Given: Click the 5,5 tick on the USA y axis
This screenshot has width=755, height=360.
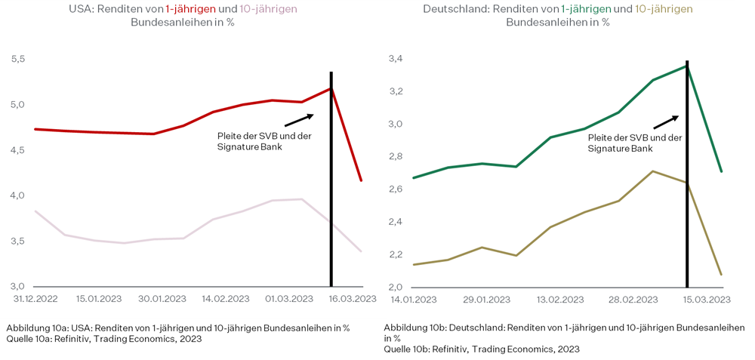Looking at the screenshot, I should (17, 59).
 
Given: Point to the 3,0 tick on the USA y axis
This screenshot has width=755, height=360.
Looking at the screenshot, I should (17, 287).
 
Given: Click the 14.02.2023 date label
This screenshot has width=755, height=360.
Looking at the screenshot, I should (226, 300).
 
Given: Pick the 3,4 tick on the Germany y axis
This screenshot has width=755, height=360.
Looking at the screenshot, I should (395, 59).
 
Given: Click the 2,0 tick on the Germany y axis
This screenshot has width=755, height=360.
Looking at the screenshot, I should (395, 288).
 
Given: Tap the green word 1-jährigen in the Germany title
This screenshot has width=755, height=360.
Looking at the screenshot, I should (585, 9).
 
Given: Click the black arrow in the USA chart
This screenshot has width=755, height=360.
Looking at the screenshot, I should (300, 120).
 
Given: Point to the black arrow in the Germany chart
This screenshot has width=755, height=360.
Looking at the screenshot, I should (666, 122).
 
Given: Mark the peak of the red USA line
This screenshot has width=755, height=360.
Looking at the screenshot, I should (331, 88).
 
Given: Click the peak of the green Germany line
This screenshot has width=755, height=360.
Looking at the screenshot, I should (686, 66).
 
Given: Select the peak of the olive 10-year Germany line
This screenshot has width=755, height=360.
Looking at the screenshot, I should (652, 171).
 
